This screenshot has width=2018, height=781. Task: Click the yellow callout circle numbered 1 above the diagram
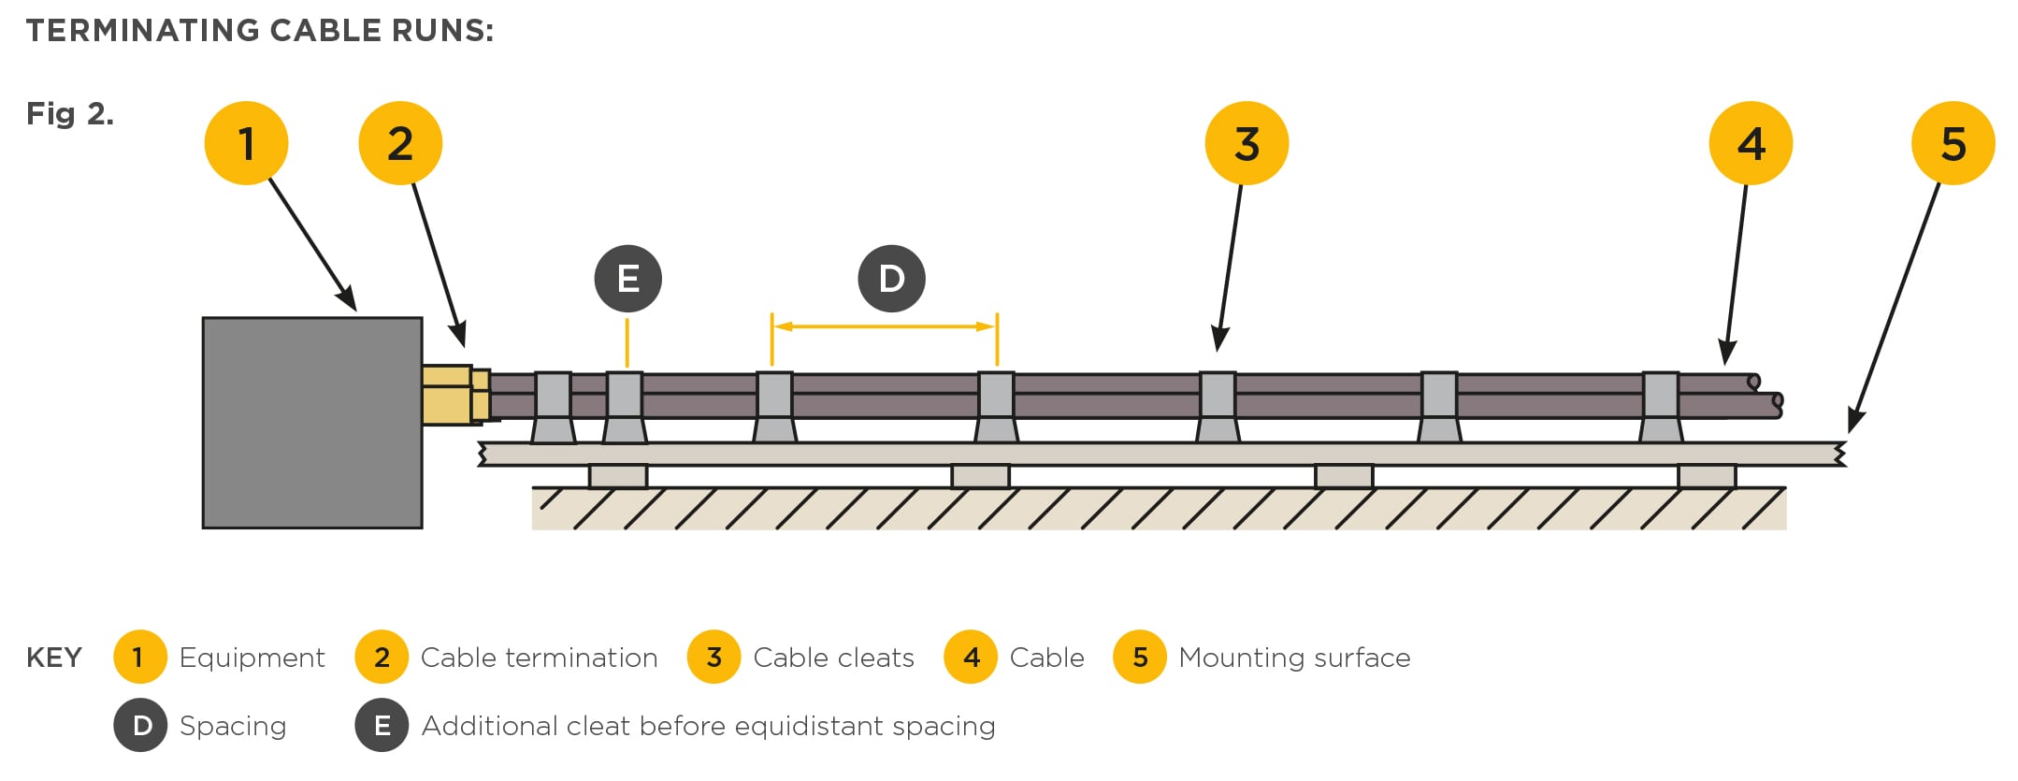[246, 143]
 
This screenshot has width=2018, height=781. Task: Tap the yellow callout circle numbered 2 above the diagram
[400, 143]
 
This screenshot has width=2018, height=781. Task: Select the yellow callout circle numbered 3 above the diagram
[1247, 143]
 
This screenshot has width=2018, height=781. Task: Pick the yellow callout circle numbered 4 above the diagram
[1751, 143]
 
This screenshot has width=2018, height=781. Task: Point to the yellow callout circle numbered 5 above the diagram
[1953, 143]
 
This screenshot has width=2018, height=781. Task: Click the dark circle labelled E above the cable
[628, 279]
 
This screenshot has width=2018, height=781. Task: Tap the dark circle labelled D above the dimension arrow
[892, 279]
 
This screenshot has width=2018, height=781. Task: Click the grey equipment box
[312, 423]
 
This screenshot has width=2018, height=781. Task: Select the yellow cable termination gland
[453, 395]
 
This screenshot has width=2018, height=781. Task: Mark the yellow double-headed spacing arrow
[885, 326]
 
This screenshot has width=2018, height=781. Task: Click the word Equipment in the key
[252, 658]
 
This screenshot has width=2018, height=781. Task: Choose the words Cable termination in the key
[539, 658]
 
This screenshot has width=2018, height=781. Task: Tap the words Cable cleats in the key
[833, 658]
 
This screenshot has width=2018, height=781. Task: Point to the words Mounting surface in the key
[1294, 658]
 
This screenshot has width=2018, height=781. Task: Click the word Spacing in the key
[233, 726]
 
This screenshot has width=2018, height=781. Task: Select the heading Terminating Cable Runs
[260, 31]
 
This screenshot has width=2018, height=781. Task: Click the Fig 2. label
[70, 114]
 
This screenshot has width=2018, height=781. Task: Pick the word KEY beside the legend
[54, 658]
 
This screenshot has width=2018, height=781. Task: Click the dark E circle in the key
[382, 726]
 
